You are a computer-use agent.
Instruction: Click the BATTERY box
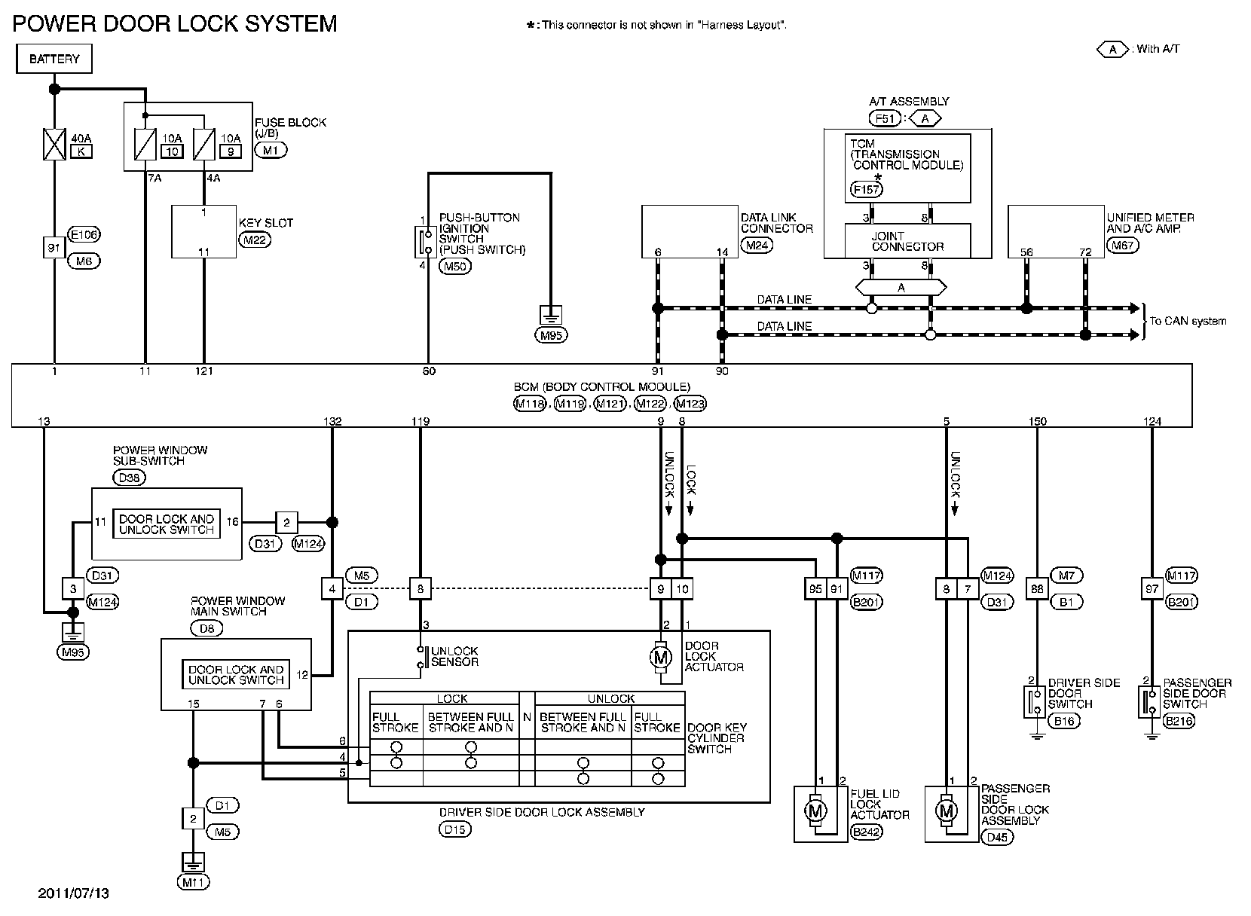[x=54, y=59]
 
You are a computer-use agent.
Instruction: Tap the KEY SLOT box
[x=203, y=232]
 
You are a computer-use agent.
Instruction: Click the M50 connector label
[x=455, y=265]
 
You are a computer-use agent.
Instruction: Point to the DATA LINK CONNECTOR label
[x=776, y=223]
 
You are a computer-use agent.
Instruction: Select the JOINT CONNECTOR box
[x=907, y=241]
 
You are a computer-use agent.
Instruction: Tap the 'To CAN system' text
[x=1188, y=321]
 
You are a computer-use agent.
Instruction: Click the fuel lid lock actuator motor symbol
[x=816, y=811]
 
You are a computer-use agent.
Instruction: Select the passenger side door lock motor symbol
[x=947, y=811]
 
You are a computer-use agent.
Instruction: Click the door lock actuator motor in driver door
[x=661, y=657]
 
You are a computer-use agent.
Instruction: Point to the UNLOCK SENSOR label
[x=454, y=657]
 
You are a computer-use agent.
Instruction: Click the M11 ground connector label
[x=194, y=881]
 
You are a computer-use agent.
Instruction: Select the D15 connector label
[x=454, y=829]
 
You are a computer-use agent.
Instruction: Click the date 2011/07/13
[x=74, y=893]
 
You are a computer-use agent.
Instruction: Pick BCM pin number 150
[x=1038, y=421]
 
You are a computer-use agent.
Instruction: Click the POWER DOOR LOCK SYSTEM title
[x=175, y=23]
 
